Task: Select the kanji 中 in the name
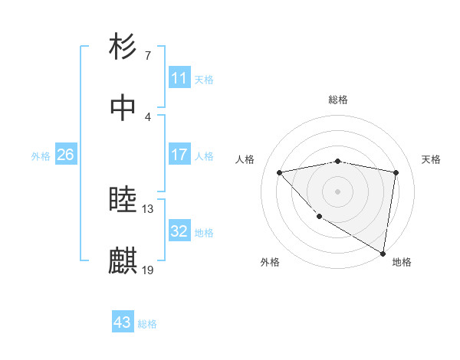coord(123,107)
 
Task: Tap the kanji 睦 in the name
coord(123,201)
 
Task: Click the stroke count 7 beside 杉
coord(147,56)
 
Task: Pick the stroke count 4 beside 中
coord(147,117)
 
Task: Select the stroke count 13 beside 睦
coord(148,209)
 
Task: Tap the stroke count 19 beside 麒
coord(148,270)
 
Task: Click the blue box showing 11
coord(179,78)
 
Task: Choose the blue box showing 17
coord(179,155)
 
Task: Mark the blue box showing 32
coord(179,231)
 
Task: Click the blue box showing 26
coord(66,155)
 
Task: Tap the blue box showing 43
coord(123,322)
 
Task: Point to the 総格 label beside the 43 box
coord(148,324)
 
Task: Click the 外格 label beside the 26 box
coord(41,156)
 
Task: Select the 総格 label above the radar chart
coord(338,100)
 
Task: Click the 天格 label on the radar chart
coord(432,159)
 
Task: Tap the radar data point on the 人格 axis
coord(280,172)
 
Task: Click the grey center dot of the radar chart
coord(338,191)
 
